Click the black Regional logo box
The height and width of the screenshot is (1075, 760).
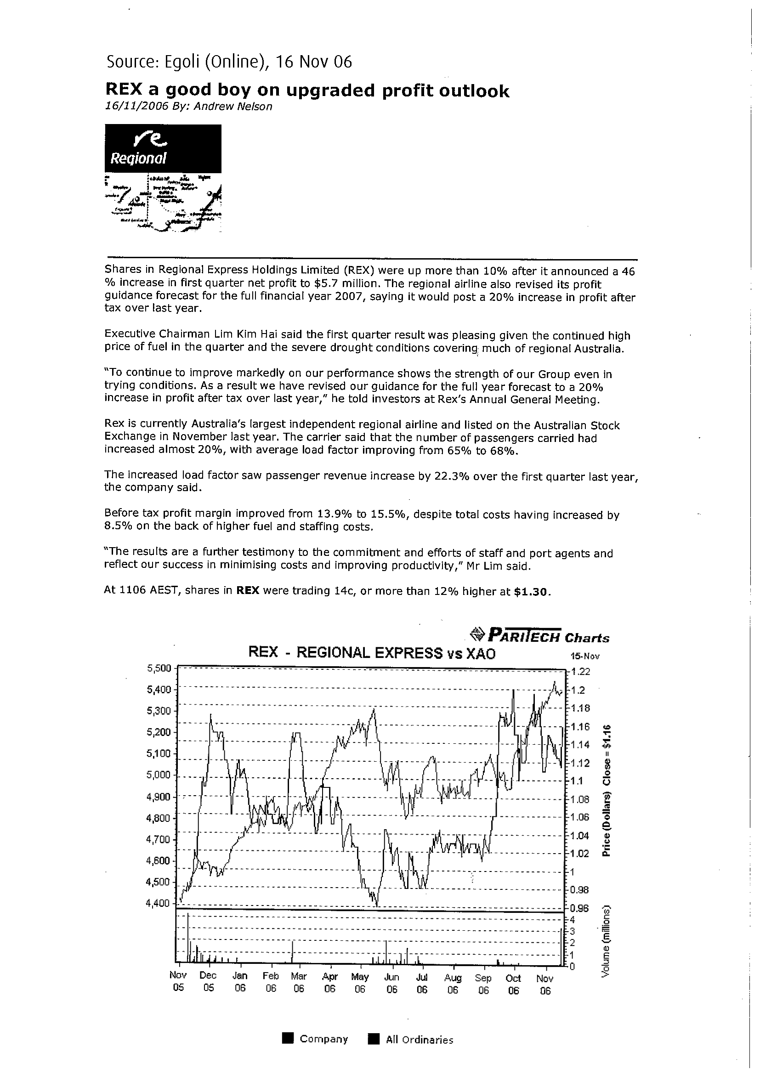pos(163,148)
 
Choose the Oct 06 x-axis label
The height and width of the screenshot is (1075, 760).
pos(514,983)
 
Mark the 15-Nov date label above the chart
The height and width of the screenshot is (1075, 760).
pos(584,656)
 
